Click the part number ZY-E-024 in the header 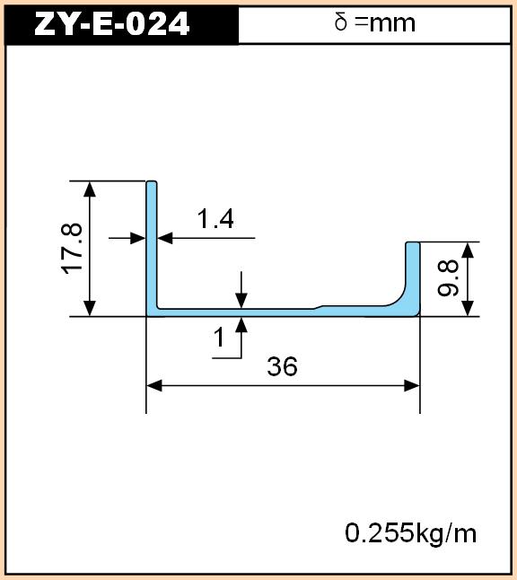[x=111, y=24]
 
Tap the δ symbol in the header [x=340, y=22]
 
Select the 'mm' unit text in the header [x=392, y=24]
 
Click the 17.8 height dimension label [x=72, y=249]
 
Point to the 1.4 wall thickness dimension [x=215, y=218]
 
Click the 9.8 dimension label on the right [x=448, y=278]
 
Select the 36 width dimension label [x=282, y=366]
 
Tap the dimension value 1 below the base [x=219, y=338]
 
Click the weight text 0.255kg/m [x=411, y=533]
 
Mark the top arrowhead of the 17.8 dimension [x=90, y=189]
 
